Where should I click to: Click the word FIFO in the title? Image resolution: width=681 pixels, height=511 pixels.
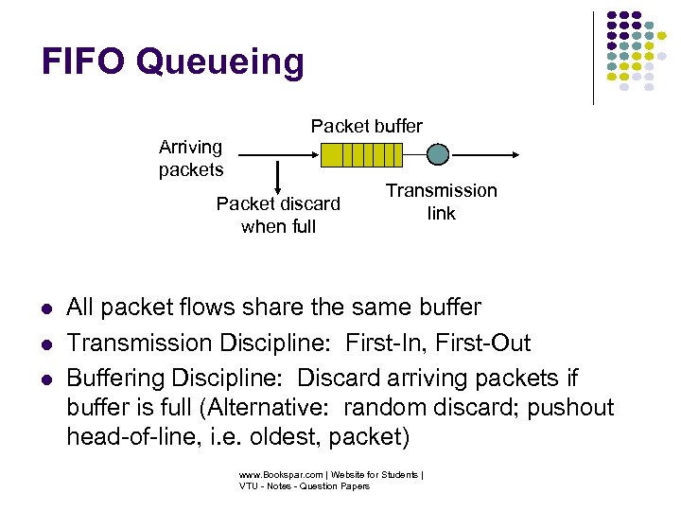83,62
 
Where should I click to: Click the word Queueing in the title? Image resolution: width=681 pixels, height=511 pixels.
219,63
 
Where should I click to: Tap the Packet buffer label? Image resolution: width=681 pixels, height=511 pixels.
367,126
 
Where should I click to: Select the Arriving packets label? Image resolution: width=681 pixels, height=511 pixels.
191,158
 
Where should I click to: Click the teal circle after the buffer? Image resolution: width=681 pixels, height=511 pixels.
438,154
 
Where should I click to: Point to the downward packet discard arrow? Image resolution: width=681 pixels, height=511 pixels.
278,175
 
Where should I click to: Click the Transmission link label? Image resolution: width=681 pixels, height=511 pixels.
441,202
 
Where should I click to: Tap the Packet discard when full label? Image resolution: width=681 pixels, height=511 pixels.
278,215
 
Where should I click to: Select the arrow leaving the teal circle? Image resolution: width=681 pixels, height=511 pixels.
482,154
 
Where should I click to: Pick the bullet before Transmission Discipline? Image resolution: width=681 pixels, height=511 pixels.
45,344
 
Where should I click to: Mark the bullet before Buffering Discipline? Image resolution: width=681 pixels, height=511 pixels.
45,379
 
